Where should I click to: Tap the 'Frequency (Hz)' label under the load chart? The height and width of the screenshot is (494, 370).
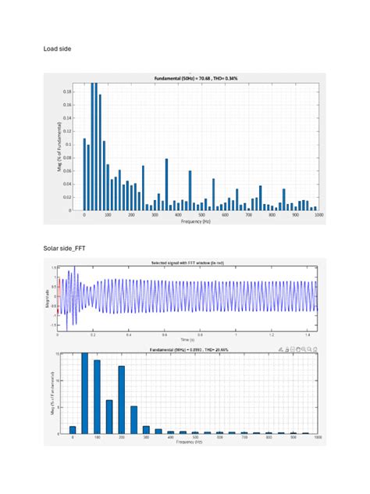tap(196, 222)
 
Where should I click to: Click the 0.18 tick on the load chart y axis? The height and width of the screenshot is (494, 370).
tap(70, 91)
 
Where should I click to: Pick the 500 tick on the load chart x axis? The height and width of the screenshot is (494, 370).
tap(201, 214)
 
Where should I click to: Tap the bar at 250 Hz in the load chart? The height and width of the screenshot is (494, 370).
tap(143, 188)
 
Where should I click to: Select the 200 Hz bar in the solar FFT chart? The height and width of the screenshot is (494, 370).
tap(122, 399)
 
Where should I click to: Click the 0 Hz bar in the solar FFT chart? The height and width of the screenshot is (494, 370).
tap(73, 430)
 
